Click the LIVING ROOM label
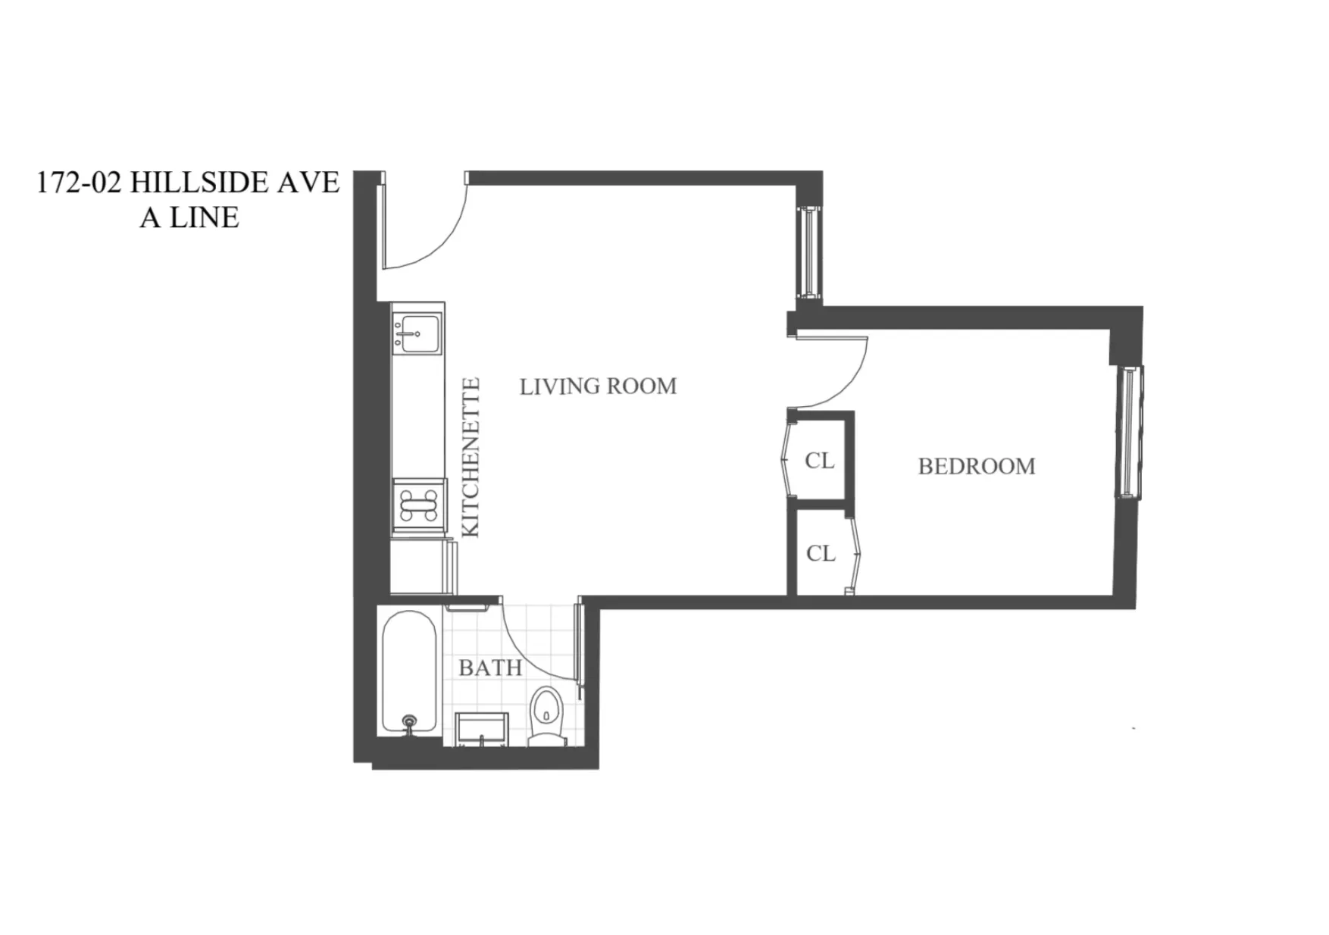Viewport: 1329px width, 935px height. pos(598,386)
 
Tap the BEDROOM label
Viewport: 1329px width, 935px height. pos(976,466)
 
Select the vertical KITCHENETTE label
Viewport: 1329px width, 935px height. pos(471,458)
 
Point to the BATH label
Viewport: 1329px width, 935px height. pos(490,668)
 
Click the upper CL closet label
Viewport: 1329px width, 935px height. pos(819,461)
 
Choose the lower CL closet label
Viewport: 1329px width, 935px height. pos(821,554)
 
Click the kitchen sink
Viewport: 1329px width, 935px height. pos(416,333)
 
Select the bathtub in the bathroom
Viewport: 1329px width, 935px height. pos(409,671)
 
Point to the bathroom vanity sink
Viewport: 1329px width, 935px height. pos(481,728)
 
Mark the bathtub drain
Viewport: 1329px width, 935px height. pos(410,721)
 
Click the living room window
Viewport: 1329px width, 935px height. pos(810,250)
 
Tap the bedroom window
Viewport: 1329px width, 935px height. pos(1129,432)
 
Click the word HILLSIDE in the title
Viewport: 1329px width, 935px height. pos(199,183)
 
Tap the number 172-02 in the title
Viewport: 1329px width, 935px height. pos(79,183)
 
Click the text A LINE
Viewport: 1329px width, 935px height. pos(189,218)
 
